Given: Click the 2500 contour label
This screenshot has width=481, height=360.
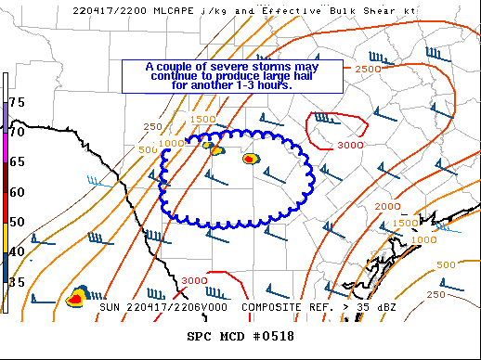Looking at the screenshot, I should pos(368,70).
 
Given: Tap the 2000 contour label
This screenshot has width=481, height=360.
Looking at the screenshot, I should pos(387,206).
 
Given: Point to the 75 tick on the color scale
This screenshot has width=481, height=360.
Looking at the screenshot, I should pos(18,101).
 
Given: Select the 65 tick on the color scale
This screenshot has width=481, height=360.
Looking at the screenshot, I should pos(18,161).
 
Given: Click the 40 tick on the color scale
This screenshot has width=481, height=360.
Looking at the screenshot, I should pos(18,252).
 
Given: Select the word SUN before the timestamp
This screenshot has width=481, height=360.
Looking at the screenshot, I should pos(110,305).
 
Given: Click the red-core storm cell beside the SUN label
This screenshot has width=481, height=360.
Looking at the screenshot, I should pos(77,299).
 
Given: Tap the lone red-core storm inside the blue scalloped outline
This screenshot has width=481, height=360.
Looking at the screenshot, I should pos(250,159).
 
